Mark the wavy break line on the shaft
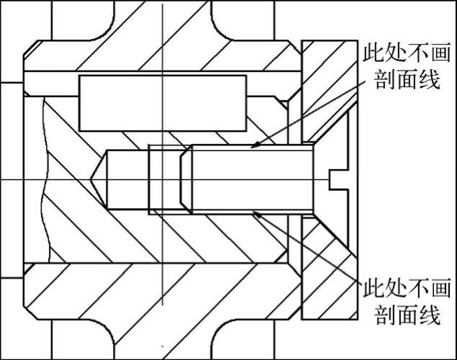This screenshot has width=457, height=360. (x=45, y=180)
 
